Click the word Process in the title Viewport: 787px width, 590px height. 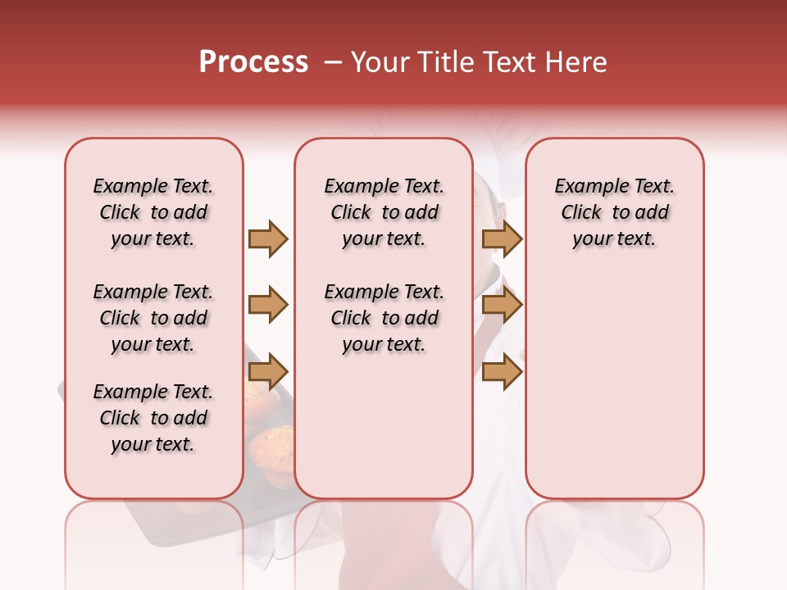[x=253, y=62]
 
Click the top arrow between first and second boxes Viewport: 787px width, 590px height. [x=268, y=238]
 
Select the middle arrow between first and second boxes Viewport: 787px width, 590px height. [x=268, y=305]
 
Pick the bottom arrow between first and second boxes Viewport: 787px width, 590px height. [x=268, y=371]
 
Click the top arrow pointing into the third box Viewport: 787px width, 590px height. [x=502, y=238]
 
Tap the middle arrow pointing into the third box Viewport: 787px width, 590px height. [x=502, y=305]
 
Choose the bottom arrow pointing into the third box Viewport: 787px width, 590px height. [x=502, y=371]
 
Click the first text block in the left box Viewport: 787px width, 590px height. [x=153, y=212]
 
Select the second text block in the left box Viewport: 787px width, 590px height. [x=153, y=318]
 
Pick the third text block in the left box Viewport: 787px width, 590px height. [x=153, y=418]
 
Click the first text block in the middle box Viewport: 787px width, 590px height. [x=384, y=212]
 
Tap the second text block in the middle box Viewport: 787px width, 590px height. [x=384, y=318]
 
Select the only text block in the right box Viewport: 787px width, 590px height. [x=614, y=212]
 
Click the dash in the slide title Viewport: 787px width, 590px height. [x=333, y=62]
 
